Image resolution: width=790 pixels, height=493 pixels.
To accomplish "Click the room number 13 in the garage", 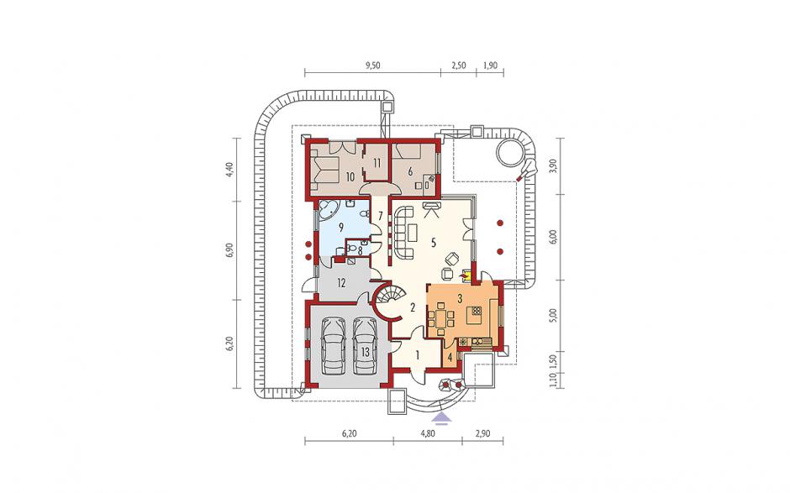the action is click(366, 352).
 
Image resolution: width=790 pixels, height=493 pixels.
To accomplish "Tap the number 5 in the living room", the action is click(432, 242).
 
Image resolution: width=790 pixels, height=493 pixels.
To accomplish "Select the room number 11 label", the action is click(377, 163).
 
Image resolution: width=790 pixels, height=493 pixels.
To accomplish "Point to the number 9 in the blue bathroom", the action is click(341, 227).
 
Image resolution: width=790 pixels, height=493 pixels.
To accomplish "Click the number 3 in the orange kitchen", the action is click(460, 297).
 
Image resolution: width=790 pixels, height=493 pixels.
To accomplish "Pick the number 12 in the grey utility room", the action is click(341, 283).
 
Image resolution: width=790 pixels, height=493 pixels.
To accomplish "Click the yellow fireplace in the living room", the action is click(466, 275).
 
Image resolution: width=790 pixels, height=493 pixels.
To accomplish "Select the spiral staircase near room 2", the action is click(388, 302).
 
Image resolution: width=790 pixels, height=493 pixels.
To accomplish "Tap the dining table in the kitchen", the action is click(441, 318).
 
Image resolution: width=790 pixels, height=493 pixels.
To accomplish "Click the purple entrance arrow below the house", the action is click(442, 416).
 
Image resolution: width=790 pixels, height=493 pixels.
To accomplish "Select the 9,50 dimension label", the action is click(373, 66).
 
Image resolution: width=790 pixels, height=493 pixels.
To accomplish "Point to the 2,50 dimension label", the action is click(459, 66).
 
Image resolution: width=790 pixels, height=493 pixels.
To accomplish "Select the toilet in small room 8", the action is click(353, 248).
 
